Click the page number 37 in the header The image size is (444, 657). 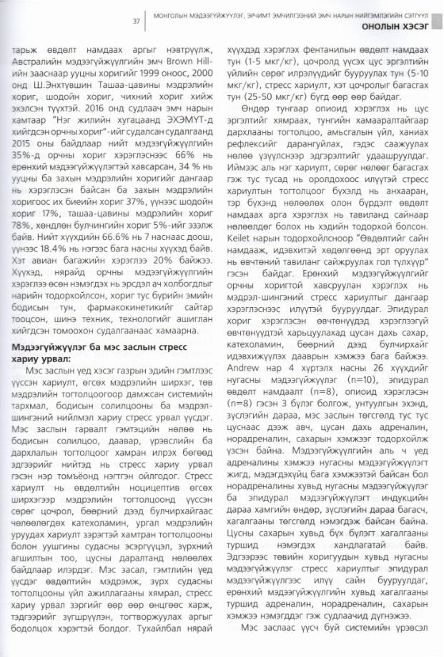tap(135, 21)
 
